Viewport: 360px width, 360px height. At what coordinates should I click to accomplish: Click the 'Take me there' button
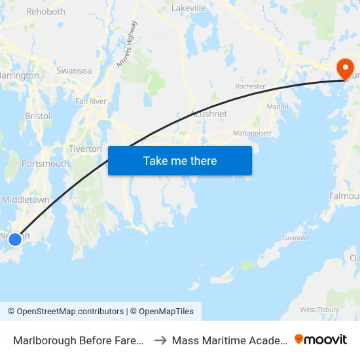point(180,160)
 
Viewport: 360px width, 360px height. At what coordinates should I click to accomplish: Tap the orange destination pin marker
point(344,68)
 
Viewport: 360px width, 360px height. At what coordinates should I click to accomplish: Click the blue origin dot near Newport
point(14,240)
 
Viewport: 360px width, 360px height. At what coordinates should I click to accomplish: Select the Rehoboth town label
point(45,12)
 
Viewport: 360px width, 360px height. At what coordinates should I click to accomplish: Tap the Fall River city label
point(90,101)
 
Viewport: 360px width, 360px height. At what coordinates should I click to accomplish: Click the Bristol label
point(37,116)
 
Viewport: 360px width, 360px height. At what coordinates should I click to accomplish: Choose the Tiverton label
point(85,149)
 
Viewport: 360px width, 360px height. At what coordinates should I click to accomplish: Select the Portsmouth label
point(45,164)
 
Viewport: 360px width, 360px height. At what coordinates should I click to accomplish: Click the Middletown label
point(26,200)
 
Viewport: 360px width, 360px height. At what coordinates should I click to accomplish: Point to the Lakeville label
point(189,8)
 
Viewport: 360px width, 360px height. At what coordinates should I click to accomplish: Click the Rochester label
point(250,86)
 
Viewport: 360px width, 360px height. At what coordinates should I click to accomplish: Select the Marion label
point(278,107)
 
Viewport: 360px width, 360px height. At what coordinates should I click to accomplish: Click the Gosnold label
point(295,238)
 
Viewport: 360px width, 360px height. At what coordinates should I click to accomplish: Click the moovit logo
point(320,340)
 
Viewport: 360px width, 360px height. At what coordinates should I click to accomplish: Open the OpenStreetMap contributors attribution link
point(70,312)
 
